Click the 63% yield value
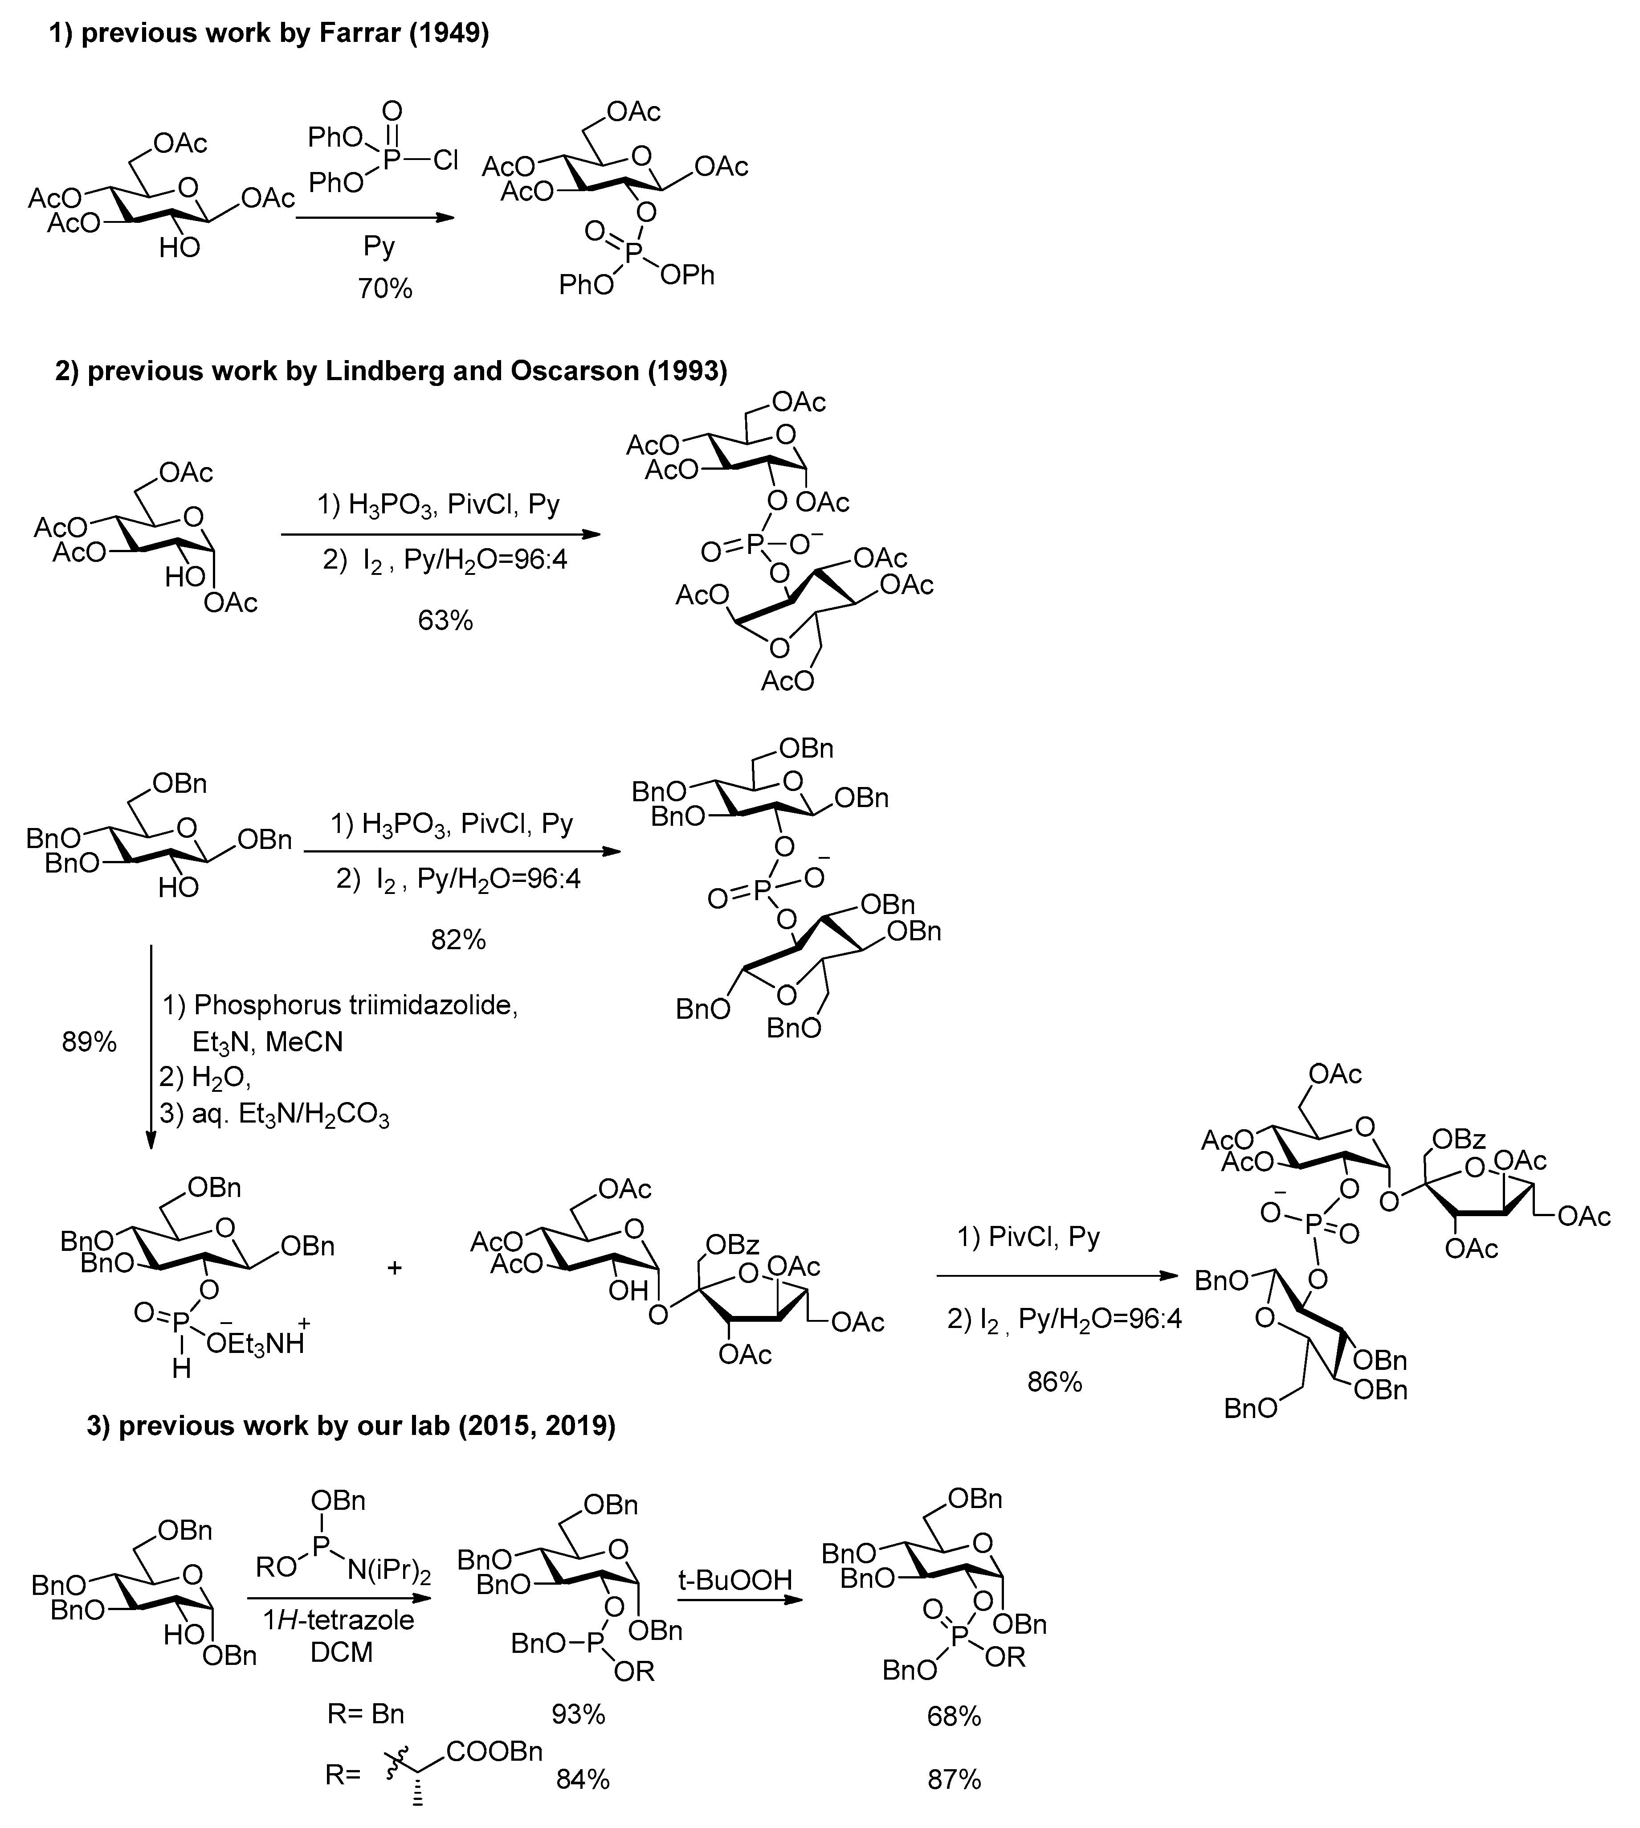click(445, 620)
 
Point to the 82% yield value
click(458, 940)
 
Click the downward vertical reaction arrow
click(151, 1045)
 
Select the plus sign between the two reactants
click(394, 1267)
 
